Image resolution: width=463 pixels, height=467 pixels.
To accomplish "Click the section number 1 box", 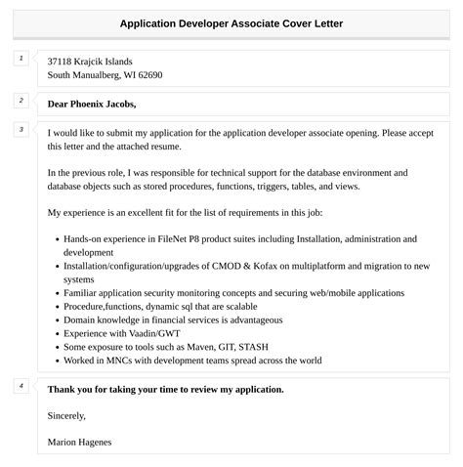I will pos(21,59).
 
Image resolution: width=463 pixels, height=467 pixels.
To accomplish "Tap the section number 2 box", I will pos(21,101).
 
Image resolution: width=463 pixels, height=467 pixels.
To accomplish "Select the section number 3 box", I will pos(21,129).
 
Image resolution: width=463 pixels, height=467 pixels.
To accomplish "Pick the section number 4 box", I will pos(21,386).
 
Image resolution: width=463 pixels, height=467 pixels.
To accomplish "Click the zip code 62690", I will pos(147,75).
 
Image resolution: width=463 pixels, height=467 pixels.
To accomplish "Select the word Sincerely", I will pos(66,416).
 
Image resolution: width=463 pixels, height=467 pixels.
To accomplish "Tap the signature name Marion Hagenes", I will pos(79,443).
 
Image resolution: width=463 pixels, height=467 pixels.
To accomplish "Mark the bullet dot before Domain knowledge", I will pos(56,319).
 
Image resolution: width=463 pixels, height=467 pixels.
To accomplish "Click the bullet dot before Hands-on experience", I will pos(56,239).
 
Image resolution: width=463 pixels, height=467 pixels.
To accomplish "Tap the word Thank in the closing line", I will pos(64,389).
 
